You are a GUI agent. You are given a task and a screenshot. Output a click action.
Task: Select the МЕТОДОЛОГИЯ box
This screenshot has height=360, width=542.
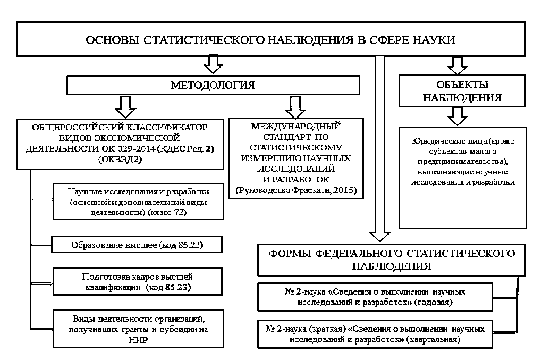(x=213, y=85)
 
